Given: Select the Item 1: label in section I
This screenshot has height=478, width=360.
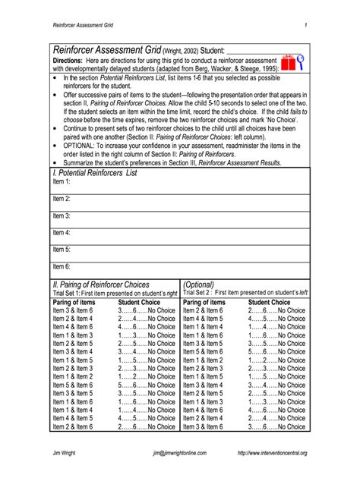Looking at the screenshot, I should [62, 182].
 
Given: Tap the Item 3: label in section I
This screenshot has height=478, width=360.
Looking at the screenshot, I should [62, 215].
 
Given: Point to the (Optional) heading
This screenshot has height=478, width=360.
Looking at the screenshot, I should [202, 284].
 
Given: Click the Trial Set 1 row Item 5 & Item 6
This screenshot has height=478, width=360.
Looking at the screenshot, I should [74, 385].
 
